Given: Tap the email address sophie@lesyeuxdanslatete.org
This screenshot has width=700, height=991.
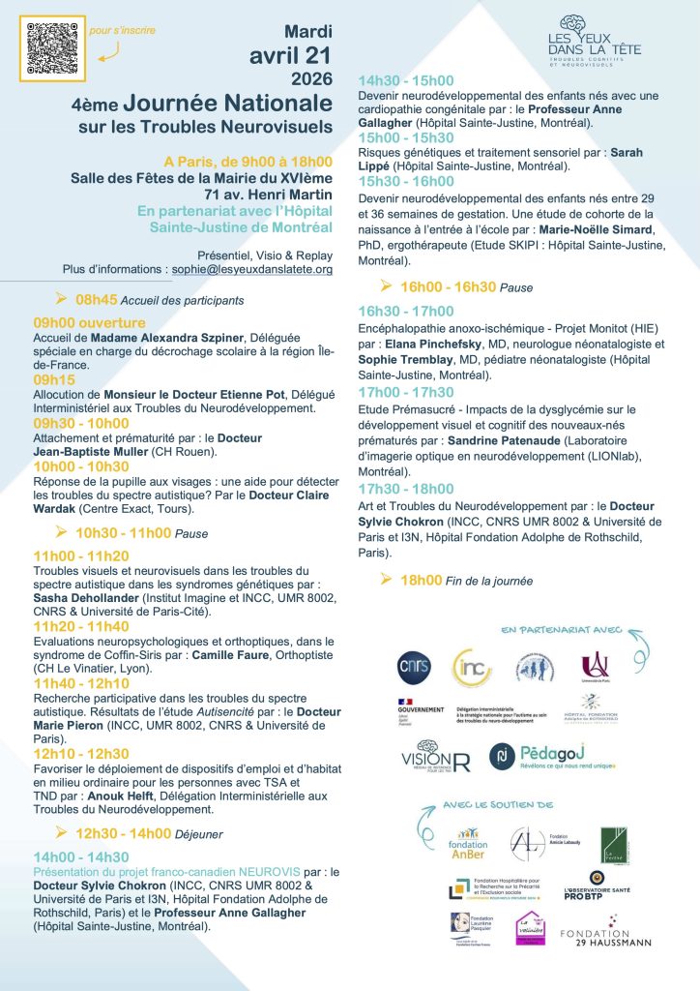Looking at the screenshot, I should (x=250, y=269).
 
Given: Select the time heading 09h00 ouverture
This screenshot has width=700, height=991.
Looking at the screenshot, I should (x=89, y=322).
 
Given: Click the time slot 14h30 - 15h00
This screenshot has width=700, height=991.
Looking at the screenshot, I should (x=406, y=81).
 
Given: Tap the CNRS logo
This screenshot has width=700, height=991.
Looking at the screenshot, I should (x=414, y=668).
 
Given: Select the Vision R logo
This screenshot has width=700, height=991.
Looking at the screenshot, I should (x=435, y=756).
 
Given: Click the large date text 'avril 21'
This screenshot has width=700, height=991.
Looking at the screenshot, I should (x=289, y=55).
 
